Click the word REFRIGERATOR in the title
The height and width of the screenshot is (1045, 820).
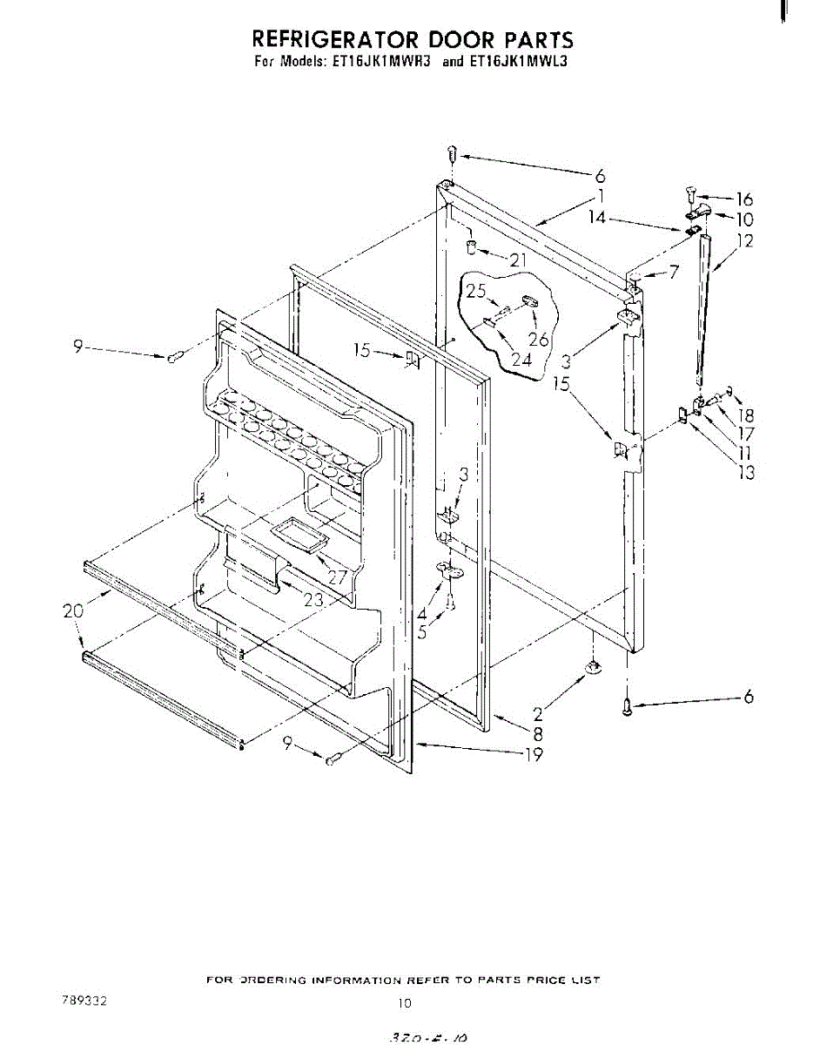tap(335, 39)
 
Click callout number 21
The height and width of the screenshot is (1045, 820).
tap(519, 260)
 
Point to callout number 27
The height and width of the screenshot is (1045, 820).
tap(337, 576)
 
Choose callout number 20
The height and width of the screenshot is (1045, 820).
tap(74, 611)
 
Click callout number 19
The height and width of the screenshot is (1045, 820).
tap(533, 755)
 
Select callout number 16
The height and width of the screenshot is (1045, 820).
tap(744, 199)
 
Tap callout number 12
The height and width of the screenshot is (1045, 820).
tap(744, 241)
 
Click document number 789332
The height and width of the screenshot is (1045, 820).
tap(86, 1001)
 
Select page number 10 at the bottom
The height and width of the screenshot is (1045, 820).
tap(404, 1003)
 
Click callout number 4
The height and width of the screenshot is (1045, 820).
tap(422, 612)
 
